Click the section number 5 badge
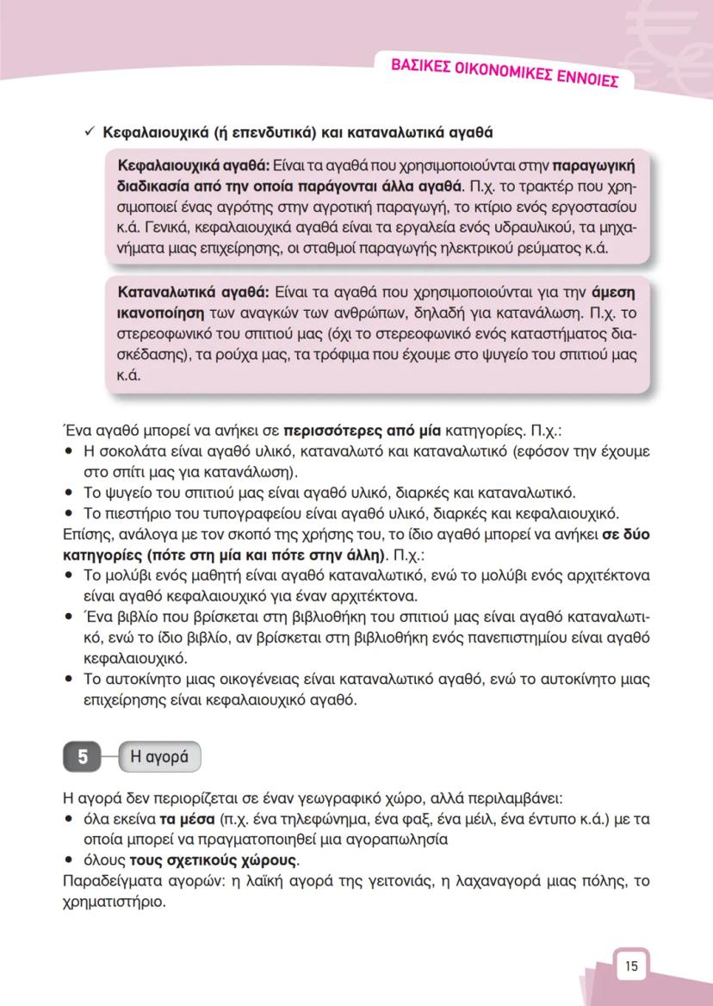coord(83,757)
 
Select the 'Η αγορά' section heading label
coord(159,757)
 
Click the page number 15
coord(631,966)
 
